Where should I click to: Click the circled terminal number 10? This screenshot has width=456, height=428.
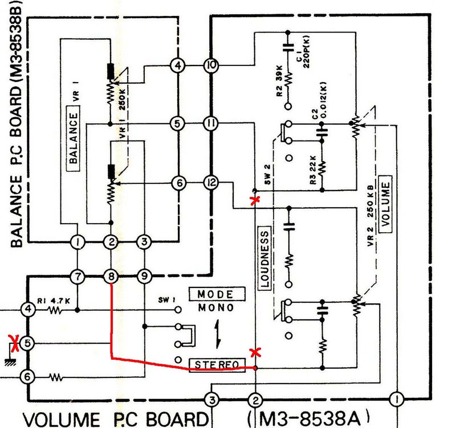[x=211, y=65]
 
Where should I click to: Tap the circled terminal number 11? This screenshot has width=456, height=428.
[x=211, y=124]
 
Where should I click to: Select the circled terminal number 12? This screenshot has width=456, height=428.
[x=211, y=183]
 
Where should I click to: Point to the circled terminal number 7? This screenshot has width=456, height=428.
[x=78, y=276]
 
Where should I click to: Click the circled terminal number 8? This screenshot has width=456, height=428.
[x=111, y=276]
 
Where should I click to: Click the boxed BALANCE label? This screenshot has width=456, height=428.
[x=74, y=138]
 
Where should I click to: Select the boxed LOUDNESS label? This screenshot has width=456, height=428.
[x=264, y=258]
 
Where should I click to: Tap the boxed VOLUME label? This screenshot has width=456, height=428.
[x=385, y=204]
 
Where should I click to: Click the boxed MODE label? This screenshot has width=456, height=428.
[x=217, y=294]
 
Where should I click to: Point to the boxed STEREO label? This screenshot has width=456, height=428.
[x=217, y=365]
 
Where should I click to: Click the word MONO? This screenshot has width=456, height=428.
[x=216, y=307]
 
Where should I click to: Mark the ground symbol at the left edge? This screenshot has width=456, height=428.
[x=10, y=361]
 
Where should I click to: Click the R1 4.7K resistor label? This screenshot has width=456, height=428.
[x=54, y=301]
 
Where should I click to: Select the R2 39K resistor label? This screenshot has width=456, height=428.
[x=279, y=81]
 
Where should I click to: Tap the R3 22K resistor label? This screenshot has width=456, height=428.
[x=313, y=170]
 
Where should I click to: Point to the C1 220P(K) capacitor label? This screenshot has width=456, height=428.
[x=304, y=52]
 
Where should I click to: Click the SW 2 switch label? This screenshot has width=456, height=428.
[x=267, y=175]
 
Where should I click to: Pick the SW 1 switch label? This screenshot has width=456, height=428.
[x=167, y=300]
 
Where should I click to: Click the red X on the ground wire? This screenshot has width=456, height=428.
[x=13, y=343]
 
